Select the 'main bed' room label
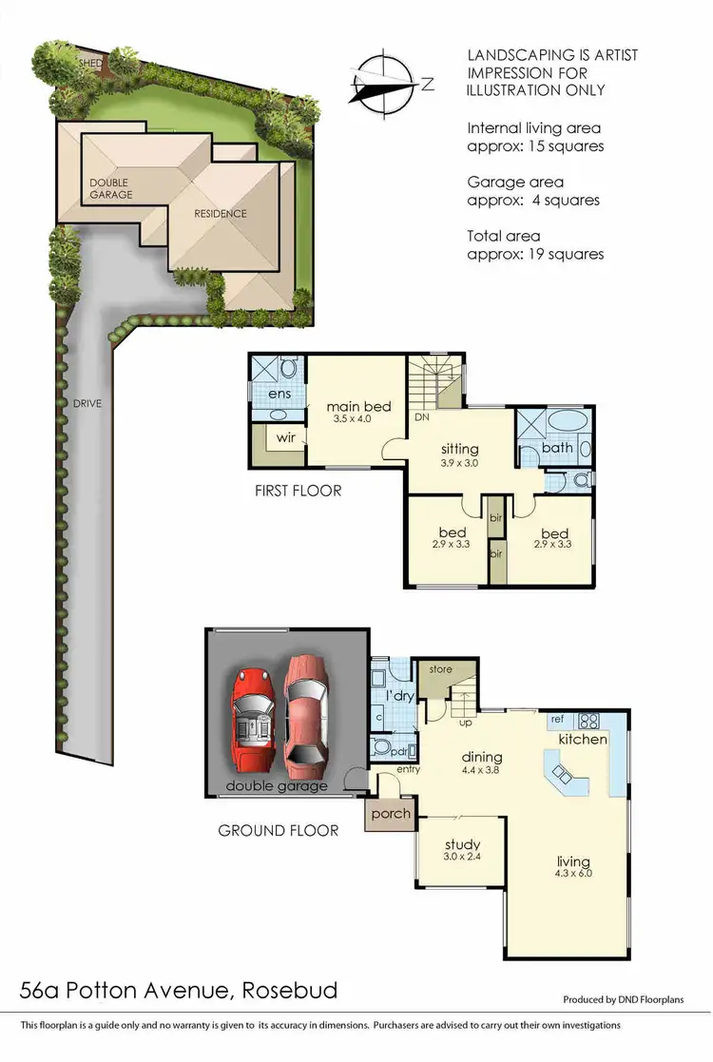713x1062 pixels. coord(358,407)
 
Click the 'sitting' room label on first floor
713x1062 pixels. coord(459,449)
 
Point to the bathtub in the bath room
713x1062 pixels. coord(568,422)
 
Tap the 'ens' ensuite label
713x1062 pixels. coord(279,393)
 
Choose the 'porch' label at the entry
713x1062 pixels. coord(391,814)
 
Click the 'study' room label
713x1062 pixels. coord(462,844)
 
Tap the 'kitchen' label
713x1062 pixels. coord(583,739)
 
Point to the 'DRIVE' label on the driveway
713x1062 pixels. coord(86,403)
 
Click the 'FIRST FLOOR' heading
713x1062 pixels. coord(298,492)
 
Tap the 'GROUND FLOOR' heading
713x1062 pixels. coord(279,830)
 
